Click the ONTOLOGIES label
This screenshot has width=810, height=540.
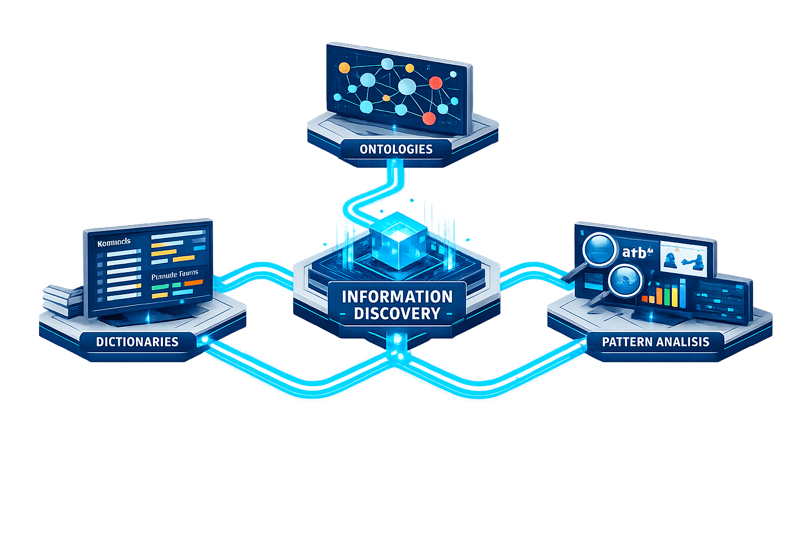396,149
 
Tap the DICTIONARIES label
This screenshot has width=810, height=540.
137,342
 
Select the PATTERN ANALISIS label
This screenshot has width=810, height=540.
655,342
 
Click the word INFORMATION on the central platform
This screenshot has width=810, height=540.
397,297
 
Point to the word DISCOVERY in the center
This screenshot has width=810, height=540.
397,314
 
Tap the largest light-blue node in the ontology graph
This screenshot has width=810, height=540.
407,86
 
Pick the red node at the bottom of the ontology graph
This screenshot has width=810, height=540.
429,118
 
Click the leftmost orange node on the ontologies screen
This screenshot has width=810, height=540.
344,68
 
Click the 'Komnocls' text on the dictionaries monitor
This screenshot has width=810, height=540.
114,242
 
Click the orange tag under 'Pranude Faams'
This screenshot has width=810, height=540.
193,283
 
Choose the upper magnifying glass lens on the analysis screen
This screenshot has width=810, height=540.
600,249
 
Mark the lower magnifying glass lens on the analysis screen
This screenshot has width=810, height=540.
625,281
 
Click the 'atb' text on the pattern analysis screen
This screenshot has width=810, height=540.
635,253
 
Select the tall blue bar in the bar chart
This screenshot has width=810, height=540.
682,293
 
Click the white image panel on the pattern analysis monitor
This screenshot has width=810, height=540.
683,258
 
